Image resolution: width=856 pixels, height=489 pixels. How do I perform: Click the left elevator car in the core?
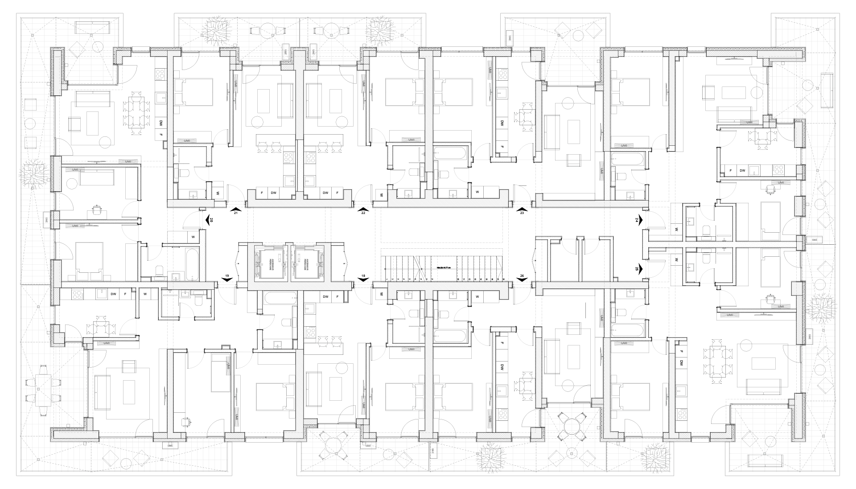(x=269, y=265)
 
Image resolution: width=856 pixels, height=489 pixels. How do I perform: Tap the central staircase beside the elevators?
(x=441, y=267)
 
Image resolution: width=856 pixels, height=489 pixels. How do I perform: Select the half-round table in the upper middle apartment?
(x=525, y=115)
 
